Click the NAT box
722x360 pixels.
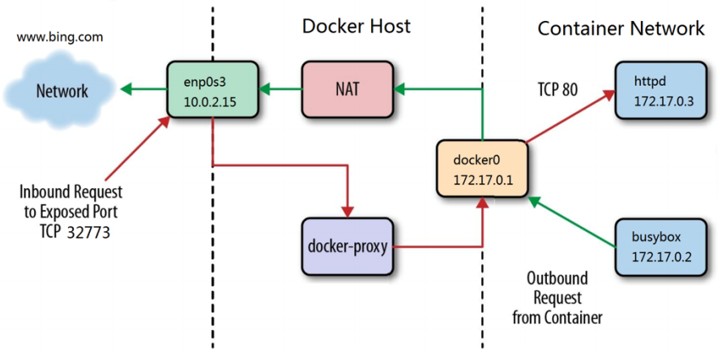348,90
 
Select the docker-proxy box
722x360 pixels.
348,246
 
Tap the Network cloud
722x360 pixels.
62,90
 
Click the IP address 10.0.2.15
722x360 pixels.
210,102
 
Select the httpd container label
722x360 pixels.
648,82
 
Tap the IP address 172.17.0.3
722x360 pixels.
660,101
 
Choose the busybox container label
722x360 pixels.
654,238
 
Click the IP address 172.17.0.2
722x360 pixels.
660,257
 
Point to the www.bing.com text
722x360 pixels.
60,37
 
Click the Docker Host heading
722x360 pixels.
356,26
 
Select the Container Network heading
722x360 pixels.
621,28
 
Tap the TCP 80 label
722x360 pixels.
558,90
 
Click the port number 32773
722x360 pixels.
88,233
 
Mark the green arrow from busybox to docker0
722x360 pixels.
572,223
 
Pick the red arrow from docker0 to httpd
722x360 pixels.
570,116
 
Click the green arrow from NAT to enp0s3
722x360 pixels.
280,89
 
